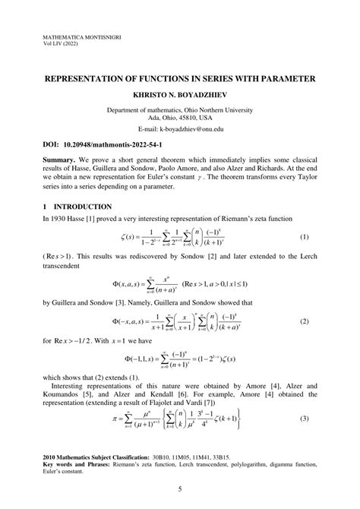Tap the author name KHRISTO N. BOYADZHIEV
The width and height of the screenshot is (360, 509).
180,96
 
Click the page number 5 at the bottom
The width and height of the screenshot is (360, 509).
180,489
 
